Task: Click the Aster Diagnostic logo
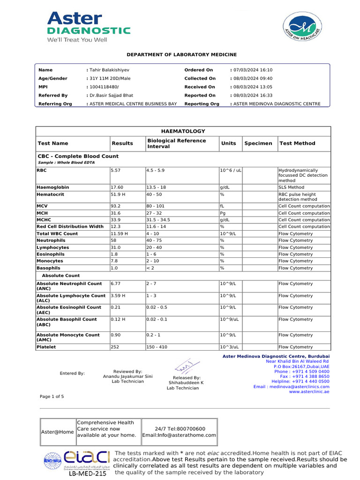coord(88,27)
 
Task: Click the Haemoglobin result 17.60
coord(117,187)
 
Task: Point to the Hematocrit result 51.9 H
coord(119,194)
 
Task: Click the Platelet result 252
coord(115,347)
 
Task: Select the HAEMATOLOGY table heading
coord(183,131)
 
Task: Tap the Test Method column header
coord(297,143)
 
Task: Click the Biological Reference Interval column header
coord(176,143)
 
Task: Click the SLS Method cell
coord(291,187)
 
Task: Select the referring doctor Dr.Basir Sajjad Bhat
coord(112,95)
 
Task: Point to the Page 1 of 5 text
coord(52,397)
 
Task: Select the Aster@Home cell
coord(57,432)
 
